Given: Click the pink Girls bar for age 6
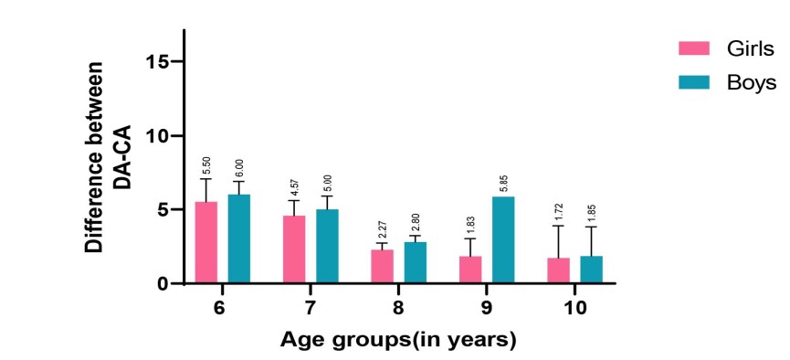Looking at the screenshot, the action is pyautogui.click(x=206, y=242).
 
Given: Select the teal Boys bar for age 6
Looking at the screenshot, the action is pyautogui.click(x=238, y=238).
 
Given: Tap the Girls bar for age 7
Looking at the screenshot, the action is pyautogui.click(x=294, y=249).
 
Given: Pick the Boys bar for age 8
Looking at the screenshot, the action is pyautogui.click(x=416, y=262).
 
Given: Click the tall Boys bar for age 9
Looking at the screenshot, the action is pyautogui.click(x=503, y=239).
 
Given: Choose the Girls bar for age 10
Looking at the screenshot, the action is pyautogui.click(x=559, y=270).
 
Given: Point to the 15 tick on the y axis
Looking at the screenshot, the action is pyautogui.click(x=157, y=61).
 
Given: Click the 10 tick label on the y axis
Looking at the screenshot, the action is pyautogui.click(x=157, y=136).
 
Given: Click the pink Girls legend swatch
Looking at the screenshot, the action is pyautogui.click(x=694, y=48).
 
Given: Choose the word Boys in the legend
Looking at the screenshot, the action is pyautogui.click(x=752, y=82).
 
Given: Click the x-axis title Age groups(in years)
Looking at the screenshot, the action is pyautogui.click(x=398, y=340).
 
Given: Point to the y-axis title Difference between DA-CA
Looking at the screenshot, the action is pyautogui.click(x=108, y=157).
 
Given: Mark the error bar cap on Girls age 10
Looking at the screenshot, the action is pyautogui.click(x=559, y=226).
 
